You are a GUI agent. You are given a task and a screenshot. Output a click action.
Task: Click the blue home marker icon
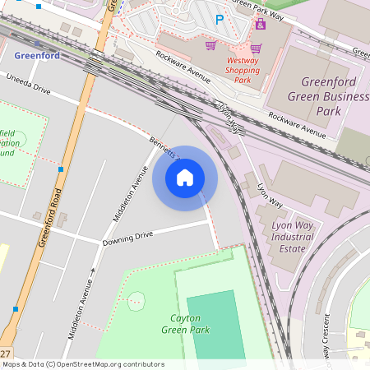[185, 178]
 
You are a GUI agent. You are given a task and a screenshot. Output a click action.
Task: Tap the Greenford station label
[36, 57]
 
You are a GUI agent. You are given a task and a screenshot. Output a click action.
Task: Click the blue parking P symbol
[219, 19]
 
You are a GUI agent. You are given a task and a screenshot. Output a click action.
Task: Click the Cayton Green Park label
[190, 324]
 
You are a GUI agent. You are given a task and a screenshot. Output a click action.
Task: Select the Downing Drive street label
[127, 239]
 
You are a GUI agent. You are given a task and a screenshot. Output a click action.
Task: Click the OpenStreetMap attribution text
[82, 364]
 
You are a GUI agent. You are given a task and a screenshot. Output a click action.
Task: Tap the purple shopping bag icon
[260, 25]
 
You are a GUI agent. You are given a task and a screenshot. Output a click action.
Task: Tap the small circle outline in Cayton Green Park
[136, 300]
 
